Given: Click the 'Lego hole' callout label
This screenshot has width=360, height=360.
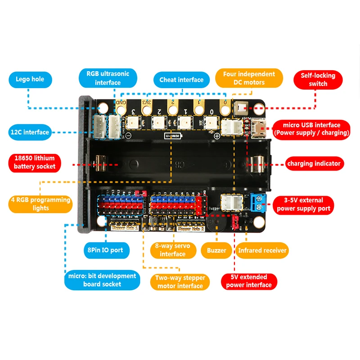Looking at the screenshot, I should click(x=30, y=80).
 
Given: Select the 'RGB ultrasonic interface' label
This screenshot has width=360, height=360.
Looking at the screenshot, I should click(x=108, y=78).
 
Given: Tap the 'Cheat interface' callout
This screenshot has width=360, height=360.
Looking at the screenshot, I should click(x=181, y=80).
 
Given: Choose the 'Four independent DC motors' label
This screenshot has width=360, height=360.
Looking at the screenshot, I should click(x=249, y=78).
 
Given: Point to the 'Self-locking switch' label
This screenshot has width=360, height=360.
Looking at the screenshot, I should click(x=318, y=80).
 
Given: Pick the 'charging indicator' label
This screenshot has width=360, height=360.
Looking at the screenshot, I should click(x=314, y=163).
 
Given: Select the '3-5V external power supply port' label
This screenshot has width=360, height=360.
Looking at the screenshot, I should click(x=304, y=204).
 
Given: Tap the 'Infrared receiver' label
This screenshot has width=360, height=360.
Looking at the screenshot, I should click(x=262, y=250).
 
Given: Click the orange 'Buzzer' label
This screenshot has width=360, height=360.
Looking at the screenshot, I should click(x=216, y=250).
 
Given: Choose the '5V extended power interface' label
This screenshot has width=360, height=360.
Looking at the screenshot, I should click(x=249, y=281).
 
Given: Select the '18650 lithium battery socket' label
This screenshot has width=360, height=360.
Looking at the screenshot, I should click(x=34, y=162).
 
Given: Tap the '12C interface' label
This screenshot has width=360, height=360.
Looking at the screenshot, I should click(x=30, y=132).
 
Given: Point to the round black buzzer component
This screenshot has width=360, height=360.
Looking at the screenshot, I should click(x=216, y=221).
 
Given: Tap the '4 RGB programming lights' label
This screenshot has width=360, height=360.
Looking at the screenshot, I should click(x=40, y=204).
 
